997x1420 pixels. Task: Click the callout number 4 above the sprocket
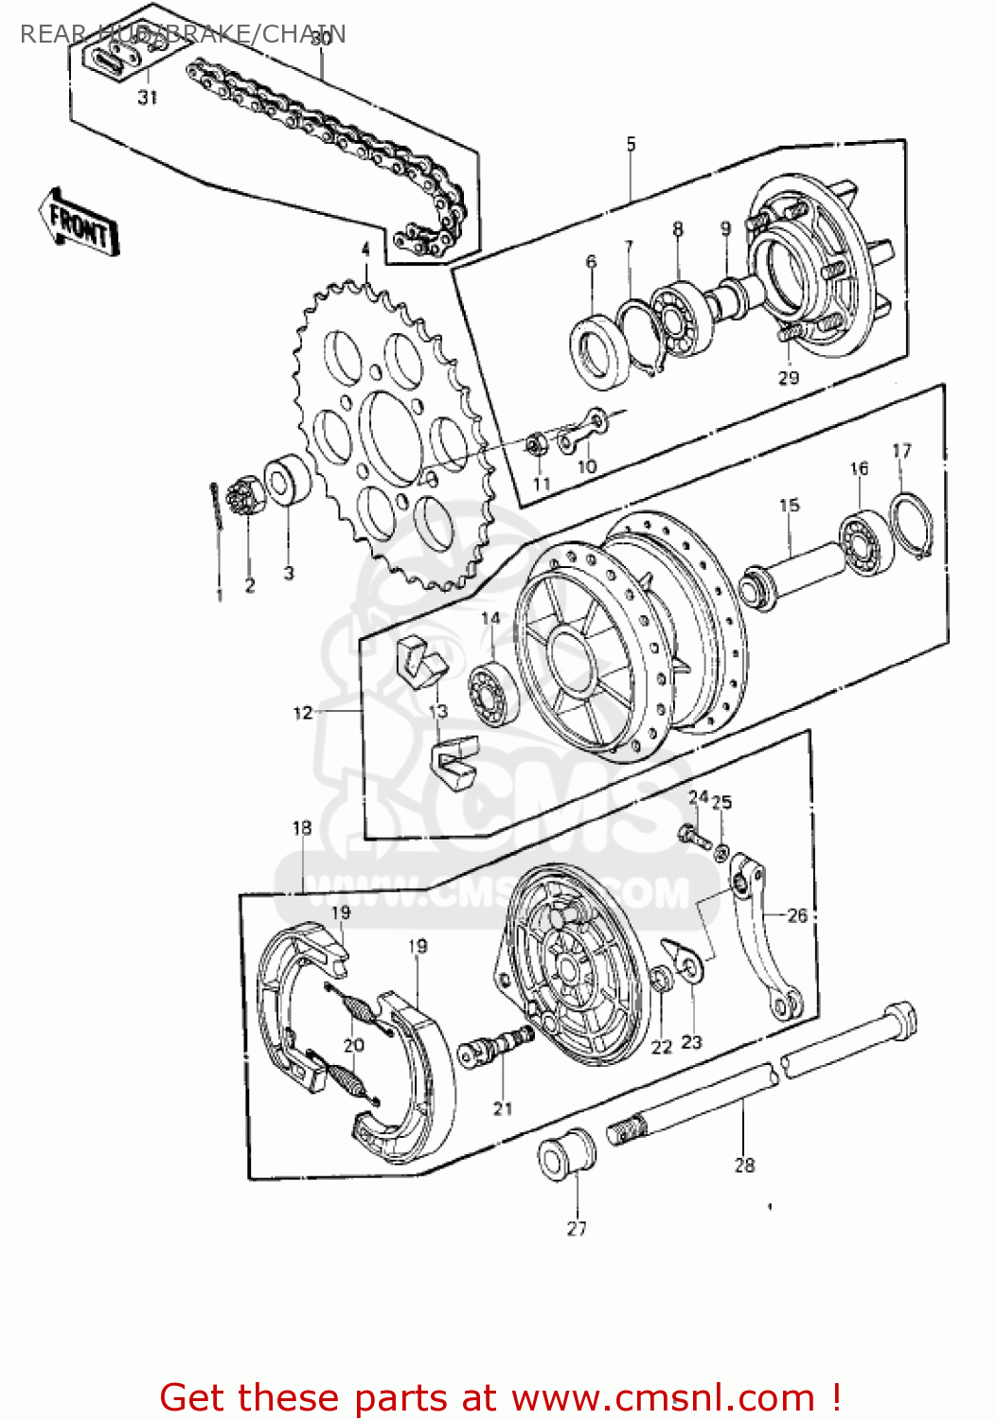[x=365, y=250]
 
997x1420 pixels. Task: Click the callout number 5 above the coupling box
[x=631, y=145]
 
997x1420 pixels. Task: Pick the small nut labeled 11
[x=534, y=443]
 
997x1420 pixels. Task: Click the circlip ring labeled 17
[x=913, y=524]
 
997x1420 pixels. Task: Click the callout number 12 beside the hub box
[x=302, y=713]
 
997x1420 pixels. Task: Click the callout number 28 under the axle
[x=744, y=1165]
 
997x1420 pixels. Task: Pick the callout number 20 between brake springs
[x=353, y=1045]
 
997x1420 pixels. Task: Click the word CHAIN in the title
[x=303, y=34]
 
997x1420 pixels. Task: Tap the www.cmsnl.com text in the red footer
[x=663, y=1397]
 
